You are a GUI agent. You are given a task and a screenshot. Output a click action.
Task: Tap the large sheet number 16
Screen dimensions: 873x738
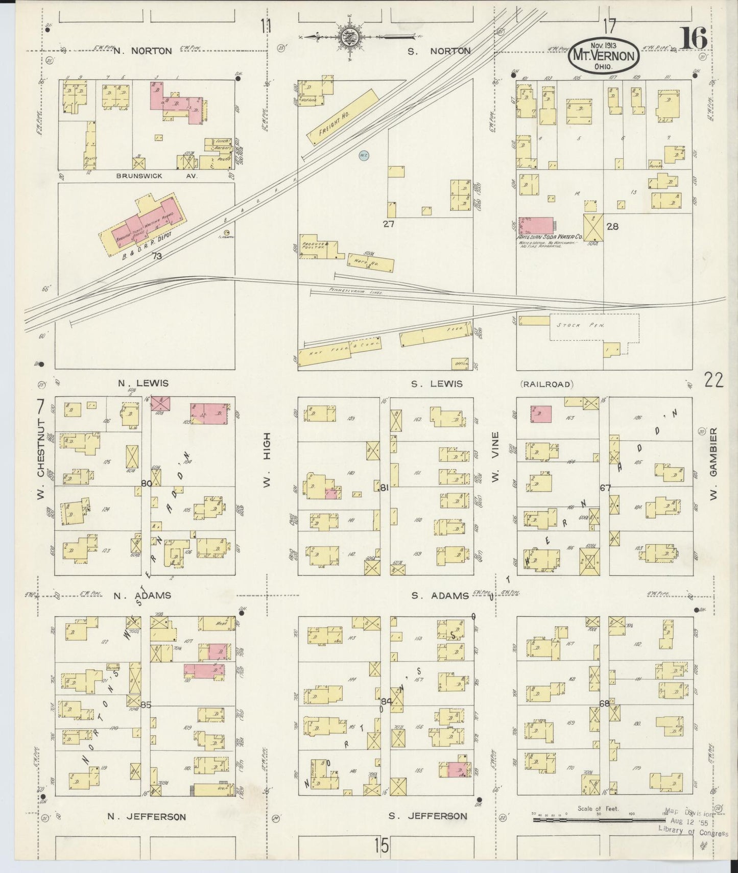click(693, 39)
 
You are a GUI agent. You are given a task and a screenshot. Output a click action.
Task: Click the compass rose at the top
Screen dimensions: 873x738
click(349, 37)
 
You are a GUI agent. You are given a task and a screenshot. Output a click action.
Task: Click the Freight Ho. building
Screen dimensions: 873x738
click(342, 117)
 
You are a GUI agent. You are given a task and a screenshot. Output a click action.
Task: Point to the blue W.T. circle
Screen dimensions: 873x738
click(363, 155)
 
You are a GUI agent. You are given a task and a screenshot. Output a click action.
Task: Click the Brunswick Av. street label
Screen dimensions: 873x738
click(138, 176)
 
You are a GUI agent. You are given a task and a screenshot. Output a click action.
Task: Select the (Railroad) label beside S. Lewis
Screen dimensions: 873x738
click(545, 384)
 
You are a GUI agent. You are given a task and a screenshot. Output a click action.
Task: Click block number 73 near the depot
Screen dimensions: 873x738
click(157, 256)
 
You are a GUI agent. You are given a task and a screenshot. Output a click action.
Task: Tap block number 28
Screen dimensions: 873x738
click(612, 226)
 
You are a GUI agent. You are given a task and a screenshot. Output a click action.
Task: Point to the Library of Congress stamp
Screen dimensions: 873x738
click(693, 834)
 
